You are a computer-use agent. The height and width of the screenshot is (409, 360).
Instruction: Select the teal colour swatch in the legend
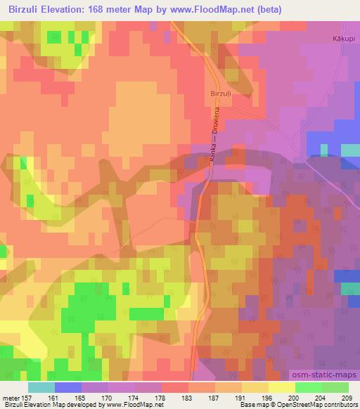coord(41,387)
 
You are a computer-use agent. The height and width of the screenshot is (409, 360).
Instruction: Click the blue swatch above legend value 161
coord(68,387)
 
